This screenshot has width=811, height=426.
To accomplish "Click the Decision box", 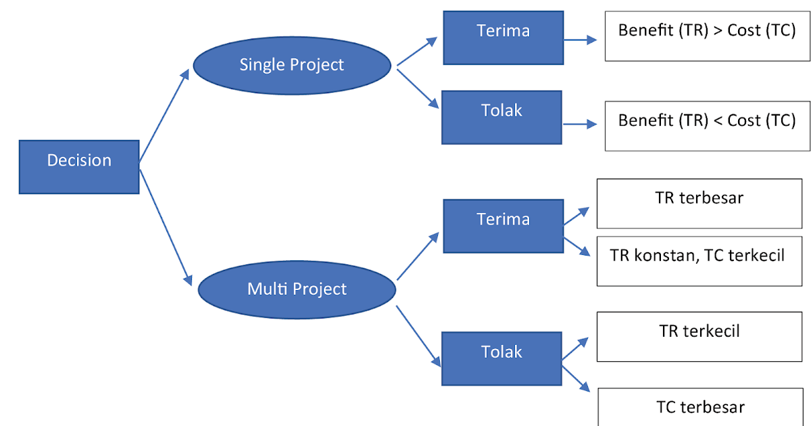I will pyautogui.click(x=79, y=166).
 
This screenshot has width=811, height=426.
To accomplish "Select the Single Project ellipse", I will pyautogui.click(x=292, y=65).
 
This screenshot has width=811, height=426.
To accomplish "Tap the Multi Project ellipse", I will pyautogui.click(x=297, y=289).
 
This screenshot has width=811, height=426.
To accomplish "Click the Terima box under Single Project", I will pyautogui.click(x=503, y=37).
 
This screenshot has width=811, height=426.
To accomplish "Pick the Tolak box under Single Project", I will pyautogui.click(x=501, y=117).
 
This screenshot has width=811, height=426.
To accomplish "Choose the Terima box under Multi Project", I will pyautogui.click(x=503, y=226).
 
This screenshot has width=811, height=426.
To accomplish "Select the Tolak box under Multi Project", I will pyautogui.click(x=501, y=358).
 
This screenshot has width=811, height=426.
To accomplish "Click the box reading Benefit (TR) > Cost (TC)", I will pyautogui.click(x=707, y=37).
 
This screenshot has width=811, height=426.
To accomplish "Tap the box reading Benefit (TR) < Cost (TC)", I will pyautogui.click(x=707, y=126).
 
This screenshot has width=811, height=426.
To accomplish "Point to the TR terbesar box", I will pyautogui.click(x=699, y=204).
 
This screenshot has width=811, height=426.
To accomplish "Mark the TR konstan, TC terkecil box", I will pyautogui.click(x=699, y=261).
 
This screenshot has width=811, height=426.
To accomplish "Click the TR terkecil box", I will pyautogui.click(x=699, y=337).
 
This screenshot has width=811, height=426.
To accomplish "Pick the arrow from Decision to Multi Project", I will pyautogui.click(x=164, y=223).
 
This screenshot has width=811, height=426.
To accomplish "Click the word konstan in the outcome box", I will pyautogui.click(x=666, y=256).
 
